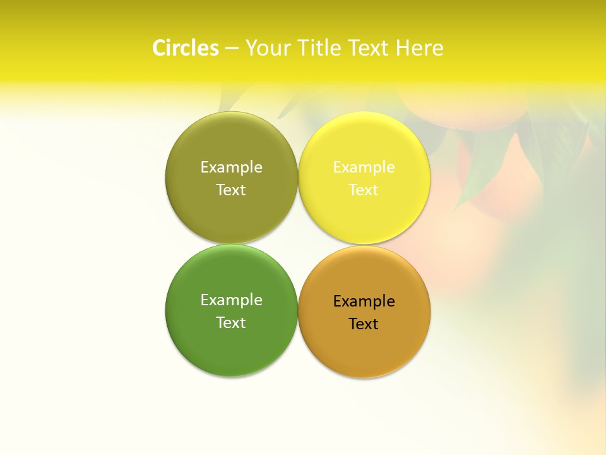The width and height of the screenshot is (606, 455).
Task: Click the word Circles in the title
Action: pyautogui.click(x=186, y=48)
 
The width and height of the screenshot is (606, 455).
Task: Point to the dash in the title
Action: pyautogui.click(x=232, y=48)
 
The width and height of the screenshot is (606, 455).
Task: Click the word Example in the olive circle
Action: pyautogui.click(x=231, y=167)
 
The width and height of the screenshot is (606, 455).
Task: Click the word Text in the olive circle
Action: pyautogui.click(x=231, y=190)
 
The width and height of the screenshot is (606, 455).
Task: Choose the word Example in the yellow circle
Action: pyautogui.click(x=364, y=167)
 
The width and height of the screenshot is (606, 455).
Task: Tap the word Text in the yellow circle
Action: pyautogui.click(x=364, y=190)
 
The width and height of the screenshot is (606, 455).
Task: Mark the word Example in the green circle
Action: pyautogui.click(x=231, y=300)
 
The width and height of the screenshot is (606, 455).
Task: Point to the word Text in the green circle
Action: pyautogui.click(x=231, y=322)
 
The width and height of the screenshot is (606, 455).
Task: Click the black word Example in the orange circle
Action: pyautogui.click(x=364, y=301)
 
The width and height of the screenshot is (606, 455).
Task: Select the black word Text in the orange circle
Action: pyautogui.click(x=364, y=324)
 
